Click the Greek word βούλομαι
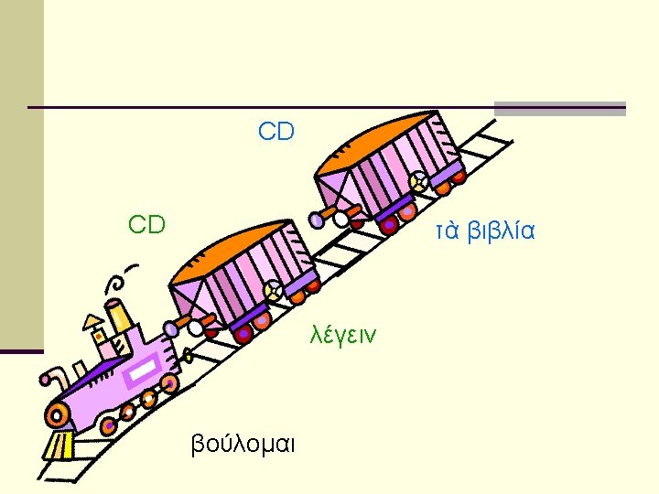pyautogui.click(x=242, y=445)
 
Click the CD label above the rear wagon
pyautogui.click(x=276, y=133)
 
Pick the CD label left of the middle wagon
pyautogui.click(x=146, y=224)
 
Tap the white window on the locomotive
pyautogui.click(x=145, y=370)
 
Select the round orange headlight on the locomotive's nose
pyautogui.click(x=57, y=411)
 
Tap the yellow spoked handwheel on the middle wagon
pyautogui.click(x=273, y=291)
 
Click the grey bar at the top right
pyautogui.click(x=559, y=108)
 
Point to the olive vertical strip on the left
pyautogui.click(x=21, y=174)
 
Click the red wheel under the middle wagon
pyautogui.click(x=243, y=335)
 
